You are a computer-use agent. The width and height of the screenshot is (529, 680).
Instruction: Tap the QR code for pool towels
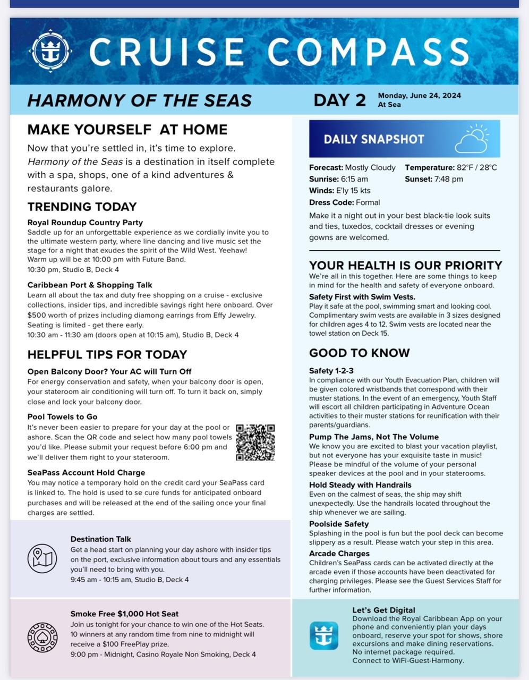coord(255,443)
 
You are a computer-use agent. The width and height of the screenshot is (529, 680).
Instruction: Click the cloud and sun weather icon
coord(472,139)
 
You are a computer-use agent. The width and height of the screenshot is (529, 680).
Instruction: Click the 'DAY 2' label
coord(340,100)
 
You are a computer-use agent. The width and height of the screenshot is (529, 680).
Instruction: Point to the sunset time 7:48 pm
coord(448,179)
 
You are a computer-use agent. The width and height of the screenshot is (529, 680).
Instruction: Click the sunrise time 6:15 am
coord(354,179)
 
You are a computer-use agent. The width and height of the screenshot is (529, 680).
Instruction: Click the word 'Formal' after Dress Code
coord(368,202)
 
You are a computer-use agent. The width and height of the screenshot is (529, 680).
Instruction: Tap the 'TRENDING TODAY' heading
coord(82,207)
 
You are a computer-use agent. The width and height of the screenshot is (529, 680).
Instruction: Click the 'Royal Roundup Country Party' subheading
coord(85,223)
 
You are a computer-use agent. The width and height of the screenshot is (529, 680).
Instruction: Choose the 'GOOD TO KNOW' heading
coord(360,353)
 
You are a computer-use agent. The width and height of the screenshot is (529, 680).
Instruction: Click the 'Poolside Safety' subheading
coord(339,524)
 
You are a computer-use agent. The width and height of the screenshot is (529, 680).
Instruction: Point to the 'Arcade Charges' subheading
coord(339,554)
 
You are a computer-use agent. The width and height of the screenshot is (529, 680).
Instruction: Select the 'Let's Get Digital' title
coord(383,610)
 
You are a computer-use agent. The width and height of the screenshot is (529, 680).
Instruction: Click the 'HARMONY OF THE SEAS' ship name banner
coord(139,100)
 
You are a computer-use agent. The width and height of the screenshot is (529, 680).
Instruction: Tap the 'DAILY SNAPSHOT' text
coord(374,139)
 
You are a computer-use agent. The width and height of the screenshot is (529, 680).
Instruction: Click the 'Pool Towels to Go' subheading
coord(62,417)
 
